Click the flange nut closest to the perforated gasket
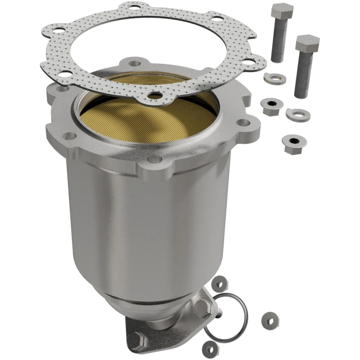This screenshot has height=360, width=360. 270,107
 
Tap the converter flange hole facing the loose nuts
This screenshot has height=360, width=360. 243,122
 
